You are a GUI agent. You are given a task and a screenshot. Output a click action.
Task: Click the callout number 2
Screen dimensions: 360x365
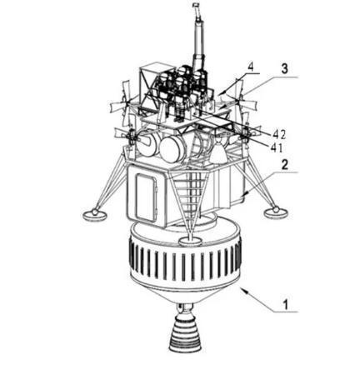click(284, 166)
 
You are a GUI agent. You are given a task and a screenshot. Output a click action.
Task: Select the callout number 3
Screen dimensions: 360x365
click(284, 69)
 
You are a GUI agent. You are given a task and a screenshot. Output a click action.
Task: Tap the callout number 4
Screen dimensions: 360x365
click(251, 67)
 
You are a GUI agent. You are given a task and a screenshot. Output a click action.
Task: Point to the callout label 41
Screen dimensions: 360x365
click(277, 147)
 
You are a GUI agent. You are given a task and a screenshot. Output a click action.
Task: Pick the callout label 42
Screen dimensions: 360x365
click(279, 134)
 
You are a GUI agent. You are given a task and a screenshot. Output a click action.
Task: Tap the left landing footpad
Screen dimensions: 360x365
click(95, 214)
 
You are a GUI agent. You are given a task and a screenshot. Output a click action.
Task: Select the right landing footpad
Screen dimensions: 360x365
click(276, 212)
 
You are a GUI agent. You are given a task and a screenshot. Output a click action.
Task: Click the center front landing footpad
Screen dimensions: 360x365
click(190, 241)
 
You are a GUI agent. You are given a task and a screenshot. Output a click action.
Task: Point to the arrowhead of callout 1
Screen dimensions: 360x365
click(243, 290)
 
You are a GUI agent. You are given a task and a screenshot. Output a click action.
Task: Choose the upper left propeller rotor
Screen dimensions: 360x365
click(125, 102)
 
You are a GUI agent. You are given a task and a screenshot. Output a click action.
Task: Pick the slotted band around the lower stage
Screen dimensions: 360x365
click(186, 262)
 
